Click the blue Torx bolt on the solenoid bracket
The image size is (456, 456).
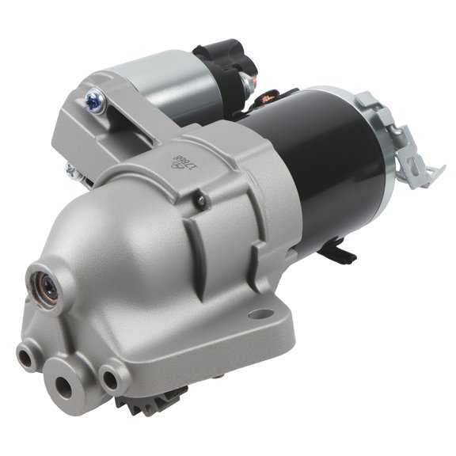tap(91, 99)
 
